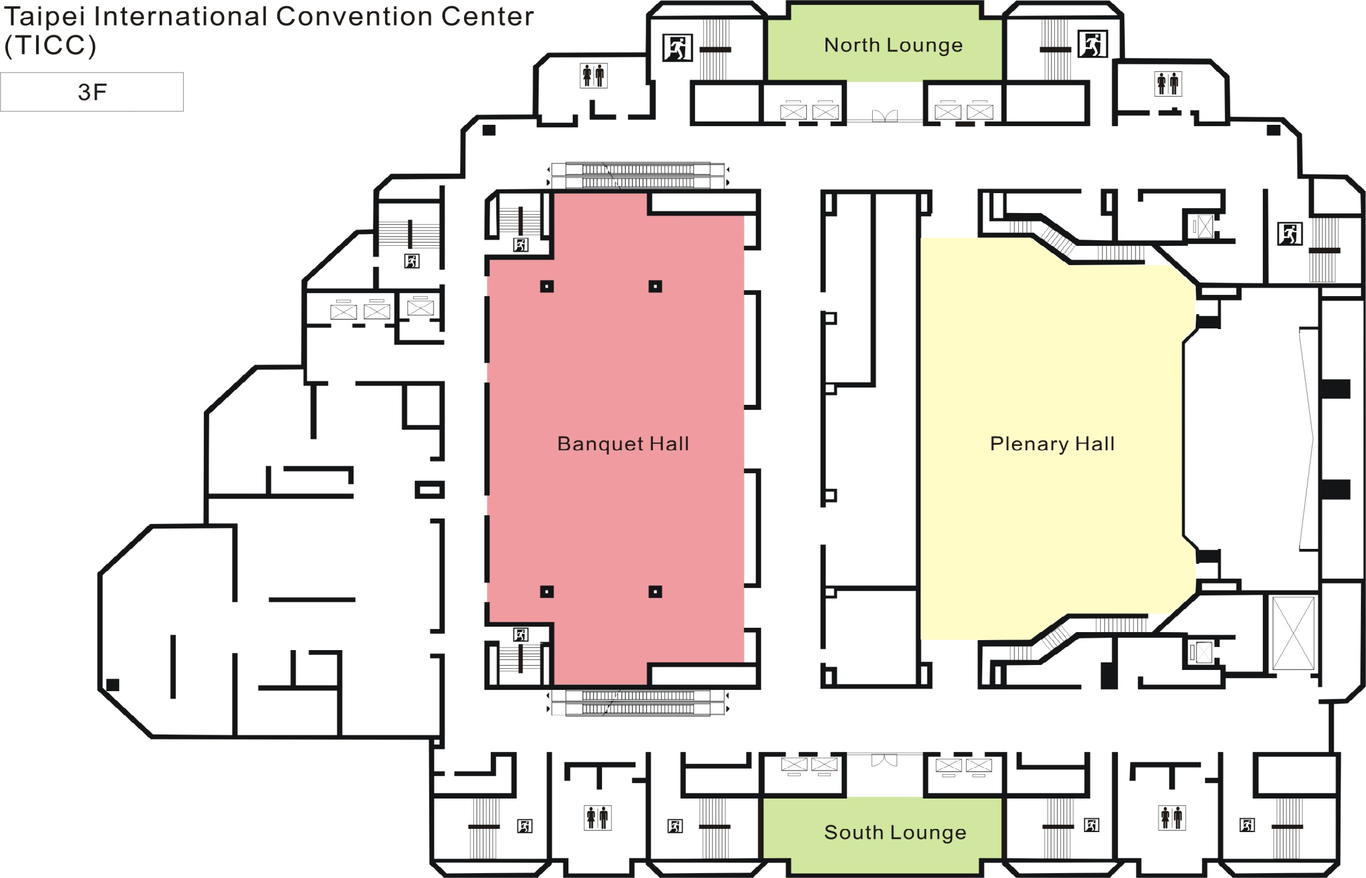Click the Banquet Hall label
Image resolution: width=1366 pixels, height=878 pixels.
pos(623,444)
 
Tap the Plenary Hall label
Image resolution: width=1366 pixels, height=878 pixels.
pos(1052,444)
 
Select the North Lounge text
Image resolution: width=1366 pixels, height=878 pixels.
pos(893,45)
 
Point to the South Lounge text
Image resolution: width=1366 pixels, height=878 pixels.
pos(895,832)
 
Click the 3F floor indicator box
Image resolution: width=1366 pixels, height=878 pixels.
pos(92,92)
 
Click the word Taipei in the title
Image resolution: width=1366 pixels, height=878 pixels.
pos(44,17)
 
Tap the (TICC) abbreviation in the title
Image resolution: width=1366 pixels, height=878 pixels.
pos(50,45)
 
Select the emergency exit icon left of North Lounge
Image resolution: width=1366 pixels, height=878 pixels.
pos(677,48)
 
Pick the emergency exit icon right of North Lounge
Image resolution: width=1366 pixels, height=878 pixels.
pos(1092,44)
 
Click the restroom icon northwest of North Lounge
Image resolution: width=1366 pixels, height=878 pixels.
pos(593,76)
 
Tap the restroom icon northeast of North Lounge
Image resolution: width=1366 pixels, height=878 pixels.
pos(1168,83)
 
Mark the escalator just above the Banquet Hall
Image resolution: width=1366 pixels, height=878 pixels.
pos(638,176)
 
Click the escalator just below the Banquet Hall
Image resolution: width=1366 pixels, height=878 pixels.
pos(638,702)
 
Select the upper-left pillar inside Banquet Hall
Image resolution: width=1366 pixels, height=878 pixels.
pos(547,286)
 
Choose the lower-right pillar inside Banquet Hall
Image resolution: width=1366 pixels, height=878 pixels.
pos(655,592)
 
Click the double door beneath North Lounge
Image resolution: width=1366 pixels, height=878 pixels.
pos(885,116)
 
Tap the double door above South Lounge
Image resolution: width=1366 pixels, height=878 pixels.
pos(885,760)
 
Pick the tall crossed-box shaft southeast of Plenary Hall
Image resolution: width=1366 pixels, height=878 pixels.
pos(1293,633)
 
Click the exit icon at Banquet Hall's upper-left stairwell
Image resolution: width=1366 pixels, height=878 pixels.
pos(521,245)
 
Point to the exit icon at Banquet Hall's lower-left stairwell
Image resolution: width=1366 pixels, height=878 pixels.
pos(521,635)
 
